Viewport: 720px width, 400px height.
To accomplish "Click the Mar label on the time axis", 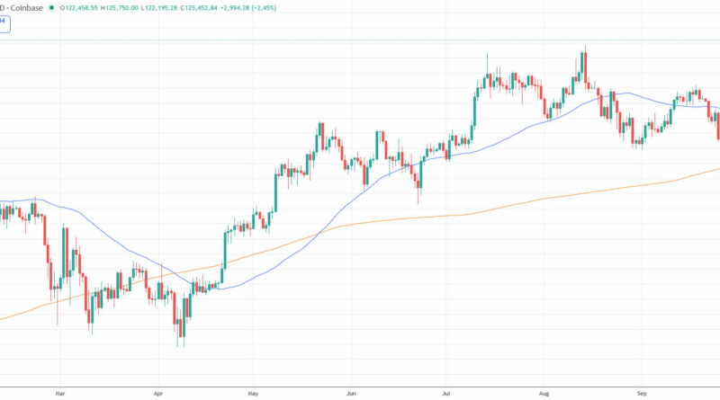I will click(60, 393).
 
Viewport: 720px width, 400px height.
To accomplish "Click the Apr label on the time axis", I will click(158, 393).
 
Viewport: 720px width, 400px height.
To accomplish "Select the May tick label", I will click(253, 393).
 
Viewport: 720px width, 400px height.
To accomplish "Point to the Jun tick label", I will click(351, 393).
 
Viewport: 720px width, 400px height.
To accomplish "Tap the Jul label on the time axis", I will click(446, 393).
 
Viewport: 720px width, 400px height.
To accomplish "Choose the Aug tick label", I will click(544, 393).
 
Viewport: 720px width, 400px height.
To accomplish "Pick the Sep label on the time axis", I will click(642, 393).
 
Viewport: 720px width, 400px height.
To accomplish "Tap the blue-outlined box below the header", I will click(5, 23).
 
